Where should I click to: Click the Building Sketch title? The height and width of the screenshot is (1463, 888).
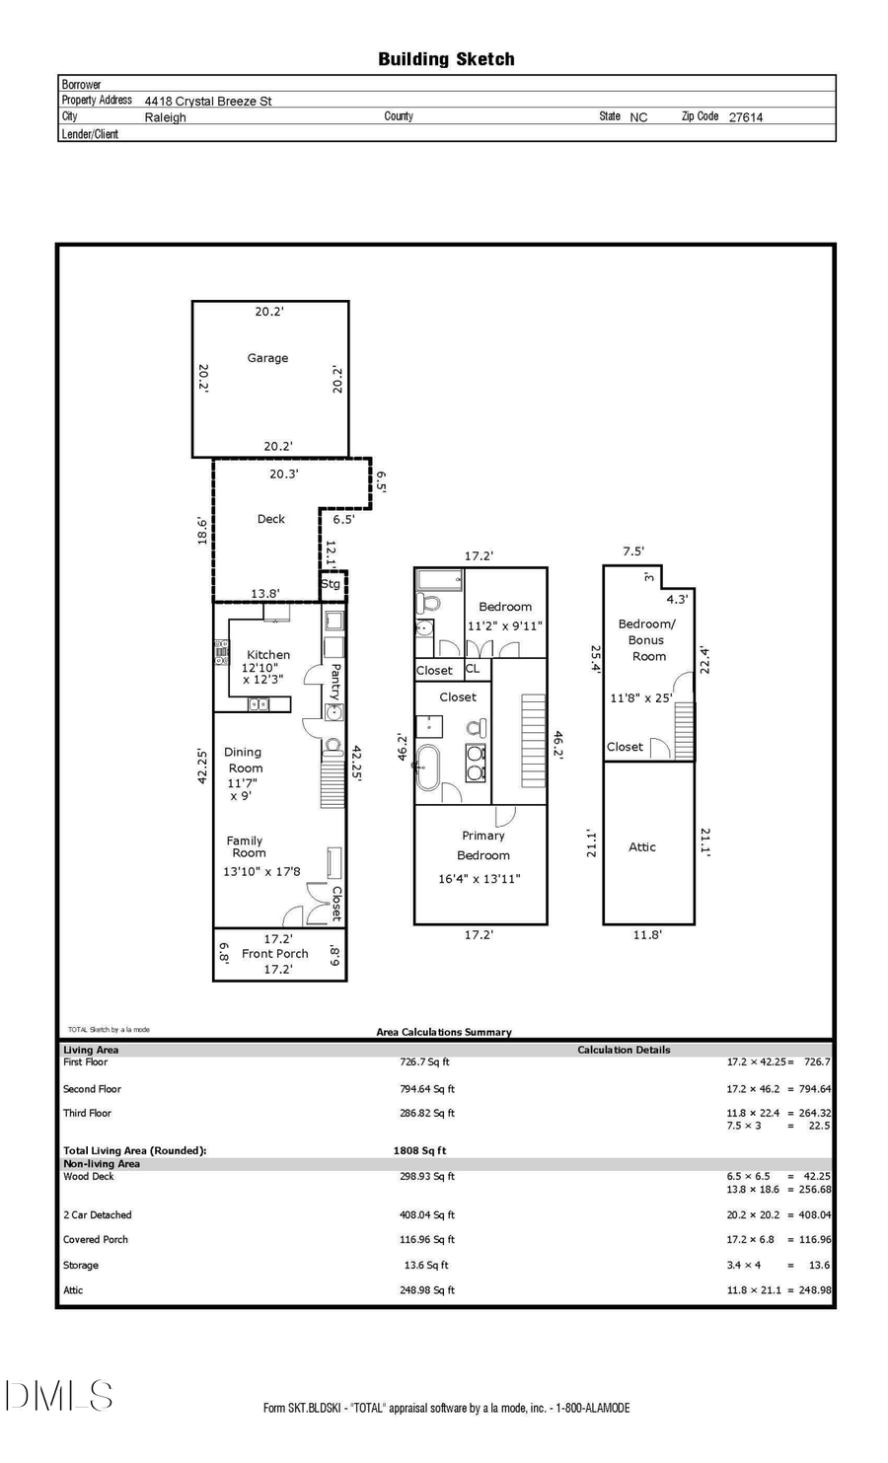446,59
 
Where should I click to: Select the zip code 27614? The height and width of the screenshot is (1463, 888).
745,116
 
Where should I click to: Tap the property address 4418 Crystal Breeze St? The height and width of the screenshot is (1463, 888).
208,101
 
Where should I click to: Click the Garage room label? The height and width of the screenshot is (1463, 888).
267,358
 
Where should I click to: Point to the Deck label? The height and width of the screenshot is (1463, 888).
270,519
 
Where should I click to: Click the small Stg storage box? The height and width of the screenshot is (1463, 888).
332,584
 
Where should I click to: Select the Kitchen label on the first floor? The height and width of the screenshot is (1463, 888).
268,654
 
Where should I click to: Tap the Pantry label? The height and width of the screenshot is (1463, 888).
335,681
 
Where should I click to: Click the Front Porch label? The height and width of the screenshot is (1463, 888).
275,954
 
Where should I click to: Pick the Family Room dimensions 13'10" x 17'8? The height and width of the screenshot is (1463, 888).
261,871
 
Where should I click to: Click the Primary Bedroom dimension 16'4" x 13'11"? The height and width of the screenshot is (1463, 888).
479,879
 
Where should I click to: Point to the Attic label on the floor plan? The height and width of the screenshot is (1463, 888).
642,846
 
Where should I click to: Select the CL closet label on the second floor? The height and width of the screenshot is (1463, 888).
473,669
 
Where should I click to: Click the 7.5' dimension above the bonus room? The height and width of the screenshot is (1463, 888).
632,551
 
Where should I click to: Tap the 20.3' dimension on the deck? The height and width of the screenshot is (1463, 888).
283,474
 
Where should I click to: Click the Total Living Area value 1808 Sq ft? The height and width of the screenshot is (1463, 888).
419,1150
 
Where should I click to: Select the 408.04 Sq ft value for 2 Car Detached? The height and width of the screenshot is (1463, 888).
427,1215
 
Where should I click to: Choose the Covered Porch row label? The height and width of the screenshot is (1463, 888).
96,1240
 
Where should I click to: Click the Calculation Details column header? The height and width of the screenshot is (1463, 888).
624,1050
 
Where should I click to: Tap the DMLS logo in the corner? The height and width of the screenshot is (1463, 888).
58,1395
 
